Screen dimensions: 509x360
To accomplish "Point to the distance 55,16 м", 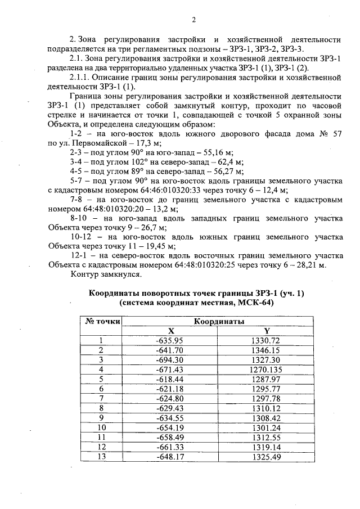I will [x=205, y=152].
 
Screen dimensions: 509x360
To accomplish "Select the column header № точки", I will [x=103, y=322].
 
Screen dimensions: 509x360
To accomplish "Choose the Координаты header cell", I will [x=219, y=322].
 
